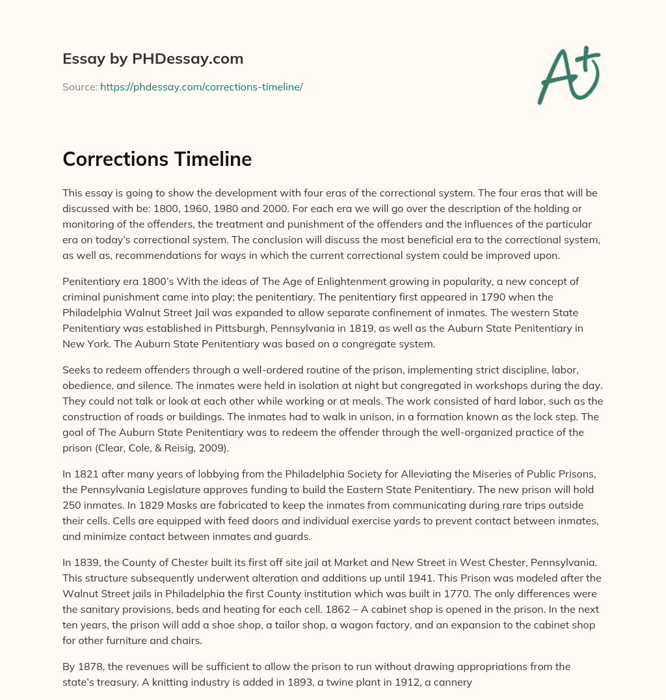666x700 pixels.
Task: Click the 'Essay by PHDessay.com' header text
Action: click(x=153, y=59)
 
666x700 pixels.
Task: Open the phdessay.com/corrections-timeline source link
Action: click(x=201, y=87)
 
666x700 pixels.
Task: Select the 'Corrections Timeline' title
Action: click(x=157, y=159)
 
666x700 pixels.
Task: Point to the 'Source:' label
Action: click(x=80, y=87)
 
